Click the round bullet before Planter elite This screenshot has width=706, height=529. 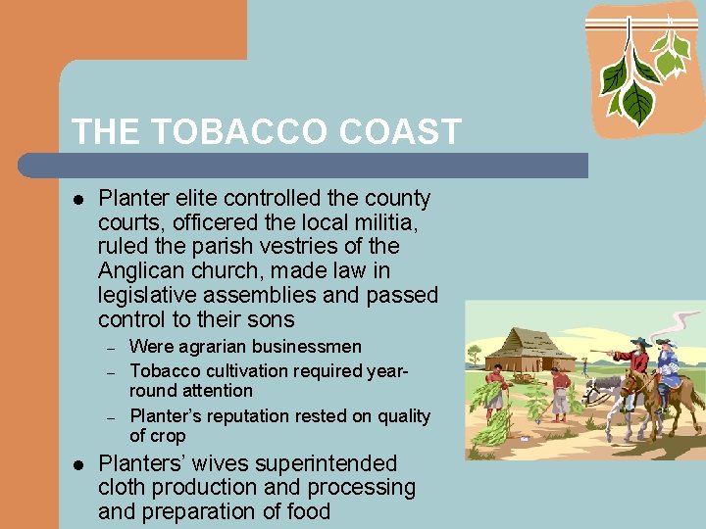(78, 199)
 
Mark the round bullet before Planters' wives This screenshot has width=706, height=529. (78, 463)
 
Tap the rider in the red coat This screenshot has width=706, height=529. (638, 361)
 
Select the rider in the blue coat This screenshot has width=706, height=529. (669, 364)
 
